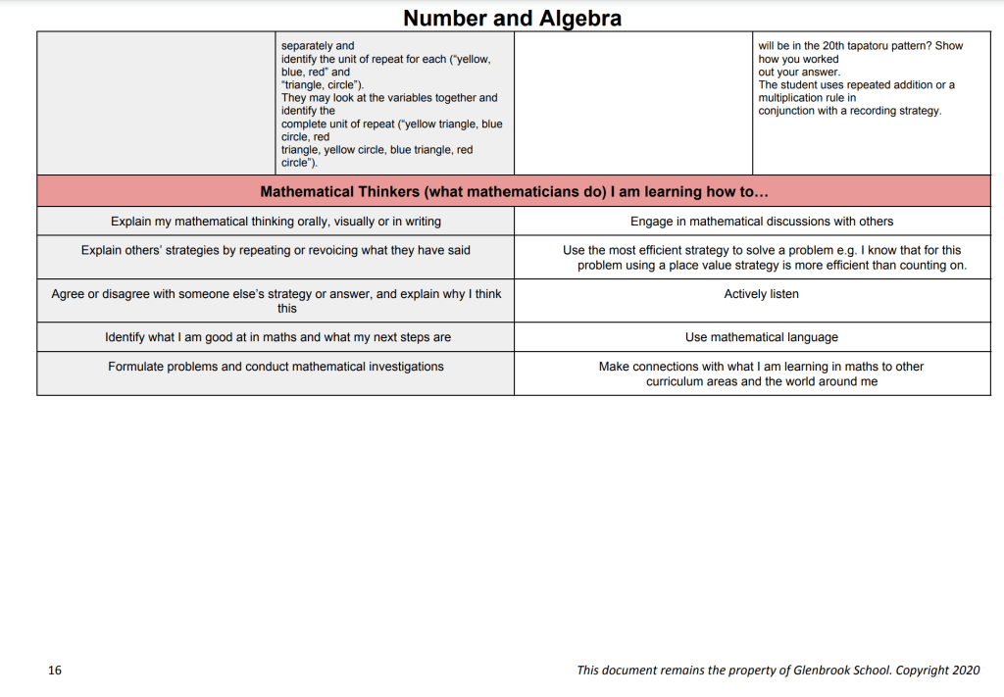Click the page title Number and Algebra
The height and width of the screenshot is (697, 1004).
512,18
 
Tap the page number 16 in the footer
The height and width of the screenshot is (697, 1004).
55,671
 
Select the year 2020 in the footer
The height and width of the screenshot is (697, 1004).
965,671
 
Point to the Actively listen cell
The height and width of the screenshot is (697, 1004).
761,294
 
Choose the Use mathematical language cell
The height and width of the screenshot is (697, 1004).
761,337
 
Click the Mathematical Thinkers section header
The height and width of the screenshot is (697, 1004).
514,192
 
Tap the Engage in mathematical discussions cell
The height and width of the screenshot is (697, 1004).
761,222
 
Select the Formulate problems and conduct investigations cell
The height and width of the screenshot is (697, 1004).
276,367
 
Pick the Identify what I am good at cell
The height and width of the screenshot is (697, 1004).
277,337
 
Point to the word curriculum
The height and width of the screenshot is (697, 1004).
675,381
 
